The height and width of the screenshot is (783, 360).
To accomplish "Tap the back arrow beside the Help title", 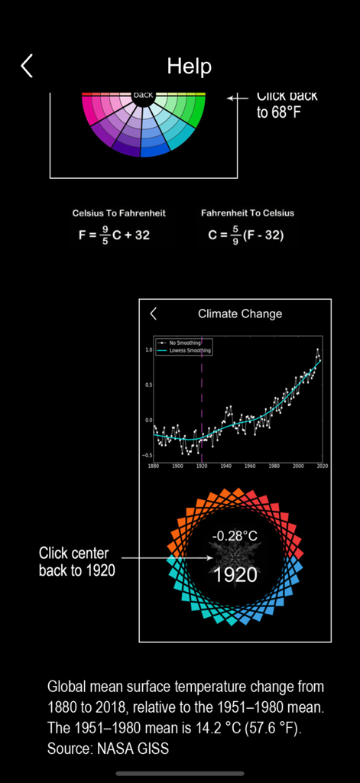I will click(27, 66).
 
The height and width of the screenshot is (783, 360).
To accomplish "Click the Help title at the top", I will click(189, 66).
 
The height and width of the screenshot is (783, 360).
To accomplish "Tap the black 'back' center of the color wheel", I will click(143, 96).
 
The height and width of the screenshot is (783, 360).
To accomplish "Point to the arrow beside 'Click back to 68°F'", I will click(238, 98).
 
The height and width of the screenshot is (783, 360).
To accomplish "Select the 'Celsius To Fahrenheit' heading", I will click(118, 213).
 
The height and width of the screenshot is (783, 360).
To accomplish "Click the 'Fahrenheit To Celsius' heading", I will click(248, 213).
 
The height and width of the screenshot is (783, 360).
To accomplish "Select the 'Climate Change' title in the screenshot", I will click(240, 314).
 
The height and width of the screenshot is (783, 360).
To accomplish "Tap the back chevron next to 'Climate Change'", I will click(154, 314).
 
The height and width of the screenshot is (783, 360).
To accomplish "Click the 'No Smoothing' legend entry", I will click(186, 343).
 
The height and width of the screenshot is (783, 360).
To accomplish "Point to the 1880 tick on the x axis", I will click(154, 465).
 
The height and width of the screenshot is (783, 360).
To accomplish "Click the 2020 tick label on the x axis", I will click(322, 465).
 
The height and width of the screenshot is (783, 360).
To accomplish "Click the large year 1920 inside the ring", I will click(235, 574).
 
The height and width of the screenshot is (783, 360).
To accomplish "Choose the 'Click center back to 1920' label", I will click(74, 561).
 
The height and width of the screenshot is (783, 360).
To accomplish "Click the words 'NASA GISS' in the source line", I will click(132, 749).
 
